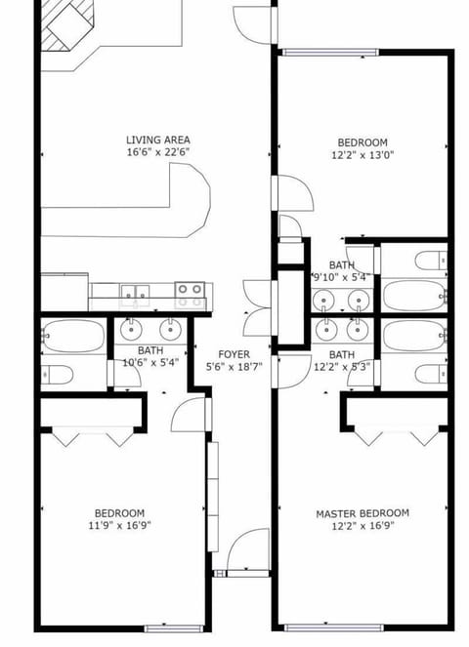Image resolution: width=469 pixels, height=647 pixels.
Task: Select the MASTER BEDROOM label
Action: (362, 513)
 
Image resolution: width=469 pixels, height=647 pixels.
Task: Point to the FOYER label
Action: (233, 354)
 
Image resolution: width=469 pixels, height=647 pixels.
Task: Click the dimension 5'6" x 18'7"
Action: (233, 367)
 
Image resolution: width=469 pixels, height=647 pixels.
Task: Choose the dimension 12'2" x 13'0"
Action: (362, 154)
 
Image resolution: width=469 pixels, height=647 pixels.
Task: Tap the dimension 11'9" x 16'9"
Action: (119, 526)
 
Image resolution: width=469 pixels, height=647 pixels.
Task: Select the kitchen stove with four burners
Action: (192, 290)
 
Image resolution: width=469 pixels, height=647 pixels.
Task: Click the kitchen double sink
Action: (134, 291)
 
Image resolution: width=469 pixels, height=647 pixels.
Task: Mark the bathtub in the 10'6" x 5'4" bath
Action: (72, 336)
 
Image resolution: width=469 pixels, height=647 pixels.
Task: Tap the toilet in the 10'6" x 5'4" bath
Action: (57, 375)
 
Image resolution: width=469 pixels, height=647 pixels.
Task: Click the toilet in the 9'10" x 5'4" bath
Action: (431, 261)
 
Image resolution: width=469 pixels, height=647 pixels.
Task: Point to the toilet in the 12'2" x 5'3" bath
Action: (429, 374)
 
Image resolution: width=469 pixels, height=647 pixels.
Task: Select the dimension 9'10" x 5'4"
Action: (341, 277)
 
